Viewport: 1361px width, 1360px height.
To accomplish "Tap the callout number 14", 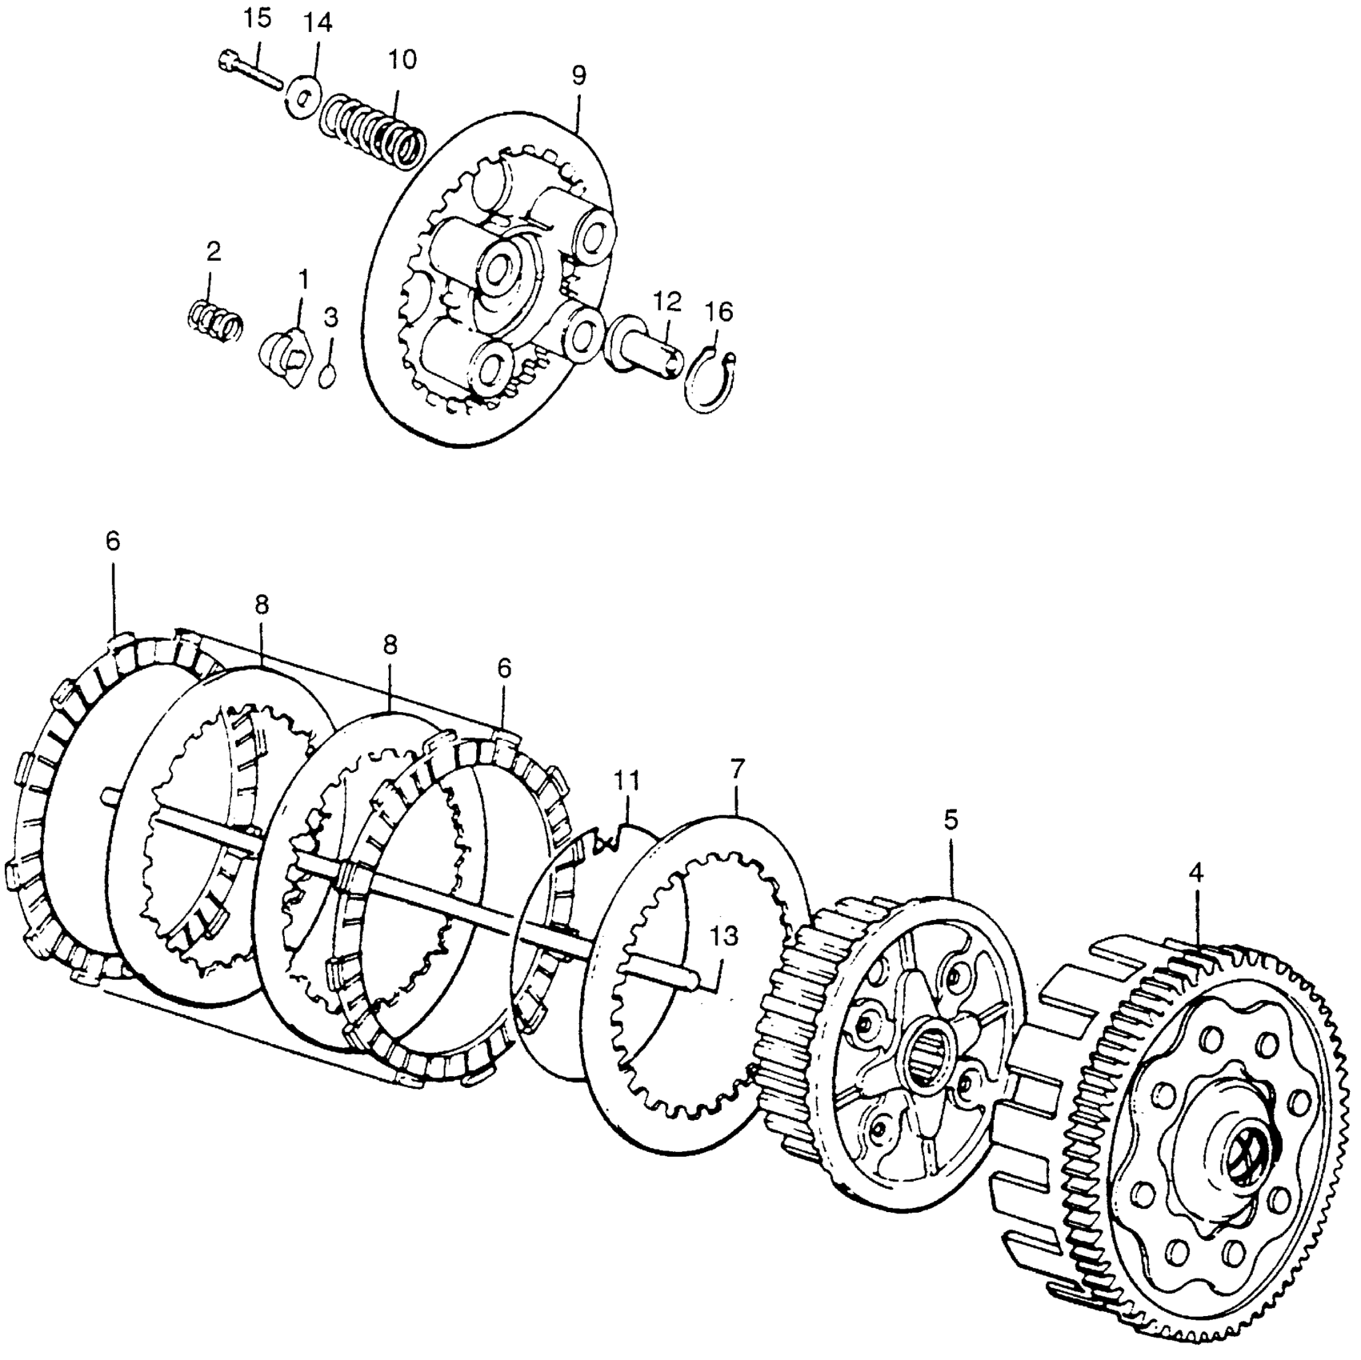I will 318,23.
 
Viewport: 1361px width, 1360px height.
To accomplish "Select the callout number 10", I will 402,59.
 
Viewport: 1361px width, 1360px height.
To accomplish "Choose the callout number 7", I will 737,770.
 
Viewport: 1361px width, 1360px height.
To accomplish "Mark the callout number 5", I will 950,820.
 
